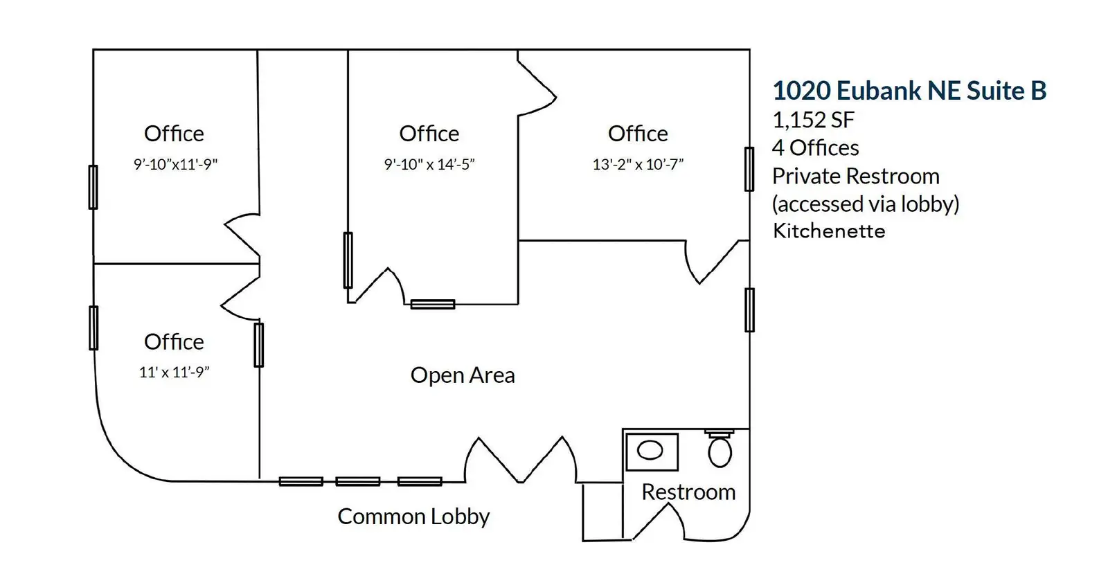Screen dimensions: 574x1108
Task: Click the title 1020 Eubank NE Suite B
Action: tap(909, 91)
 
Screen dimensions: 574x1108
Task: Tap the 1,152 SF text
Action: tap(813, 120)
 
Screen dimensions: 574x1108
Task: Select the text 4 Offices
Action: tap(815, 147)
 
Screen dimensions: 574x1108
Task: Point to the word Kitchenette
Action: tap(829, 231)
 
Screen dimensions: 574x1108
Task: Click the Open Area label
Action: tap(463, 375)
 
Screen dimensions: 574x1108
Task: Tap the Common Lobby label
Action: tap(413, 517)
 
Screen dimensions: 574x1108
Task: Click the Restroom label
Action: tap(688, 492)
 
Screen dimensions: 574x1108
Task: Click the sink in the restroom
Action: tap(651, 451)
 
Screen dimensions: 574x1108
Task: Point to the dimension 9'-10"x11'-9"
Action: tap(175, 164)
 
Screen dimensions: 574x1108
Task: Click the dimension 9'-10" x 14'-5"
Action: tap(429, 164)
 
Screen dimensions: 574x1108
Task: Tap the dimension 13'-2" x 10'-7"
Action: tap(638, 164)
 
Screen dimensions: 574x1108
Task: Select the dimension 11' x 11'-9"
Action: tap(174, 372)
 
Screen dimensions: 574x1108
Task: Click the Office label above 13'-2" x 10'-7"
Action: tap(638, 134)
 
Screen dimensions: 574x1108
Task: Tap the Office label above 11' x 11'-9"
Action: tap(174, 341)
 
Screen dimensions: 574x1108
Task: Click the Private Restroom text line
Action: tap(855, 176)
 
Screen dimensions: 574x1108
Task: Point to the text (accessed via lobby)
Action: tap(866, 204)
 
